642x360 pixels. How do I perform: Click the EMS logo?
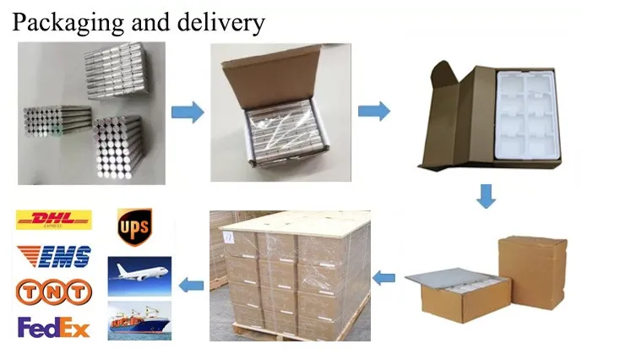53,255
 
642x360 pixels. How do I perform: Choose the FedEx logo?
53,327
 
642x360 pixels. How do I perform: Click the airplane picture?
139,275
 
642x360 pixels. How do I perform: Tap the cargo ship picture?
139,320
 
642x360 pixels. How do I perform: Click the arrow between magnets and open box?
188,112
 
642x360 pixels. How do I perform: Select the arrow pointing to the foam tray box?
373,112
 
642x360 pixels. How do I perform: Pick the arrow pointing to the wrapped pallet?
384,276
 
